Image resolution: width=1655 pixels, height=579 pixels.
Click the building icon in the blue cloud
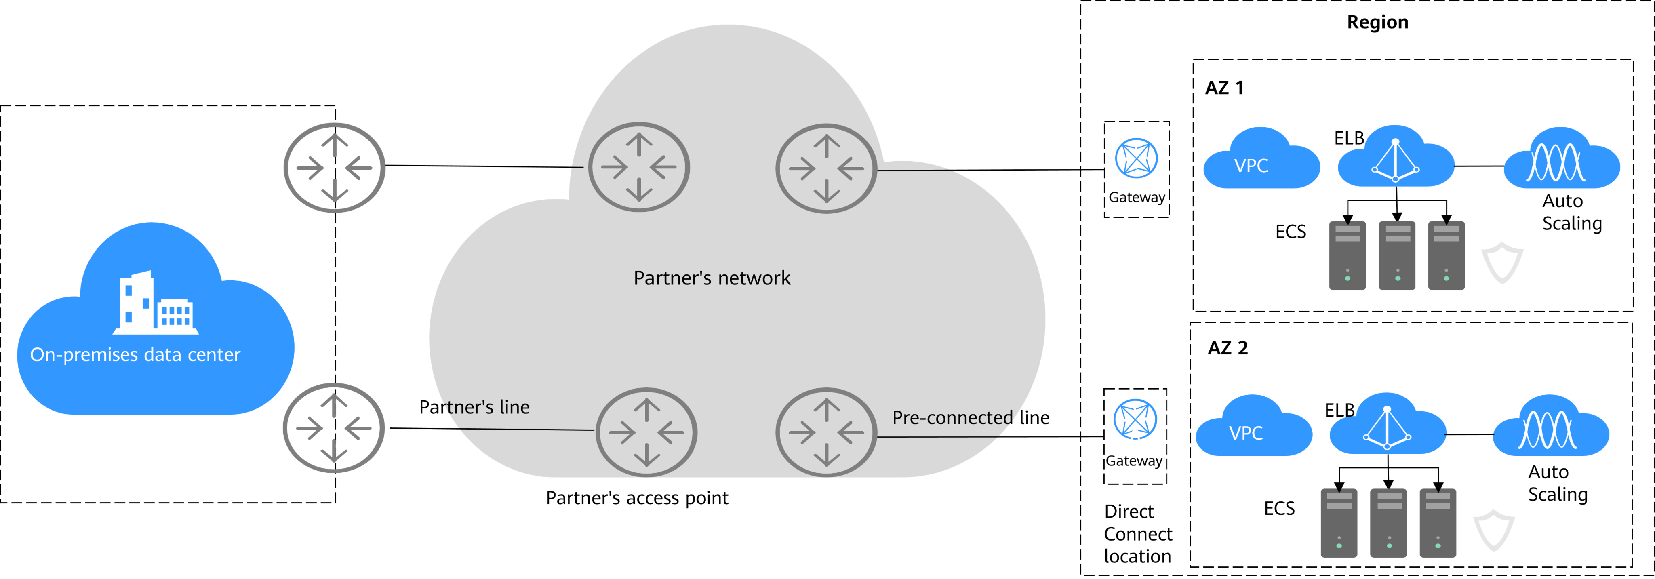pos(156,303)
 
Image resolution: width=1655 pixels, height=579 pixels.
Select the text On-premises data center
pos(135,355)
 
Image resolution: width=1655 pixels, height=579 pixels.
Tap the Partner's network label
pos(712,278)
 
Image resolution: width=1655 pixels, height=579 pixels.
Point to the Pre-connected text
pos(952,418)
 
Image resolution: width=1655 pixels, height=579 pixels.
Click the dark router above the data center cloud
pos(334,168)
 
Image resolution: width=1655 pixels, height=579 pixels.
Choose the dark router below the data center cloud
pos(333,428)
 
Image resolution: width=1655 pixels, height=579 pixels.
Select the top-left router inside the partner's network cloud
pos(639,167)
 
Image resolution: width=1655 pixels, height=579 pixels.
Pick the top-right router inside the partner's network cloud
pos(826,168)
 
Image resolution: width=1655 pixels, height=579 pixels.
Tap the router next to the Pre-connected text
pos(826,432)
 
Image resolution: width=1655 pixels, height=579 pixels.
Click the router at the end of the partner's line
pos(646,432)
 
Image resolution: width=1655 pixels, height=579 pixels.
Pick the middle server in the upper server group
pos(1397,256)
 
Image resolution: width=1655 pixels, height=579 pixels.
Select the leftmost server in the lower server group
pos(1339,523)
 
